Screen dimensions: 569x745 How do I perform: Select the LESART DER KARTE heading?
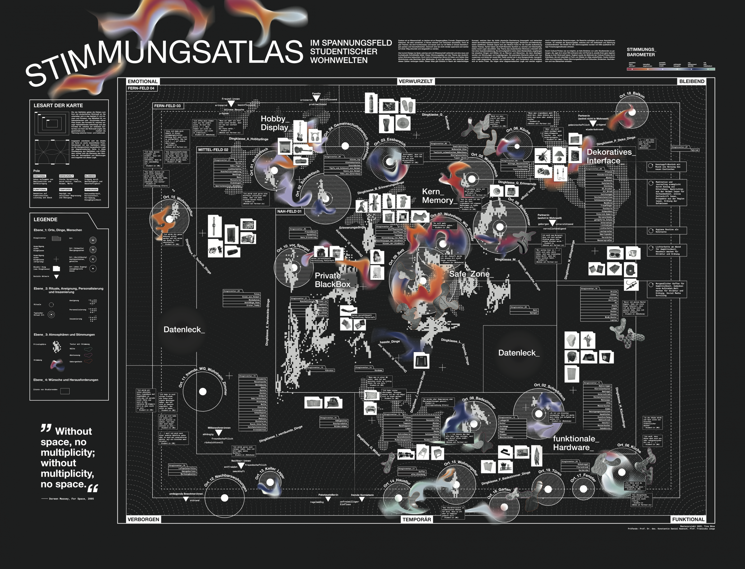point(58,106)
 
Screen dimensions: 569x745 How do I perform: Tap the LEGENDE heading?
point(45,219)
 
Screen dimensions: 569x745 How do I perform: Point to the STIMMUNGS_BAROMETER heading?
point(641,52)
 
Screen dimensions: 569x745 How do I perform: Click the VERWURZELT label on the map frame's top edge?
point(415,81)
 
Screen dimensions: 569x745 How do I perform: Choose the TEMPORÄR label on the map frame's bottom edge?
point(416,520)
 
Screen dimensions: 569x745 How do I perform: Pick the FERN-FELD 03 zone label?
point(167,106)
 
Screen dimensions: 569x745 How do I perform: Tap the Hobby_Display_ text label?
point(275,123)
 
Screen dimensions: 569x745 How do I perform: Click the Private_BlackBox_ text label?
point(332,280)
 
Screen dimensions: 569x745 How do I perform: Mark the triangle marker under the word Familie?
point(316,99)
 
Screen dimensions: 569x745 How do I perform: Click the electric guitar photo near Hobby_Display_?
point(300,132)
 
